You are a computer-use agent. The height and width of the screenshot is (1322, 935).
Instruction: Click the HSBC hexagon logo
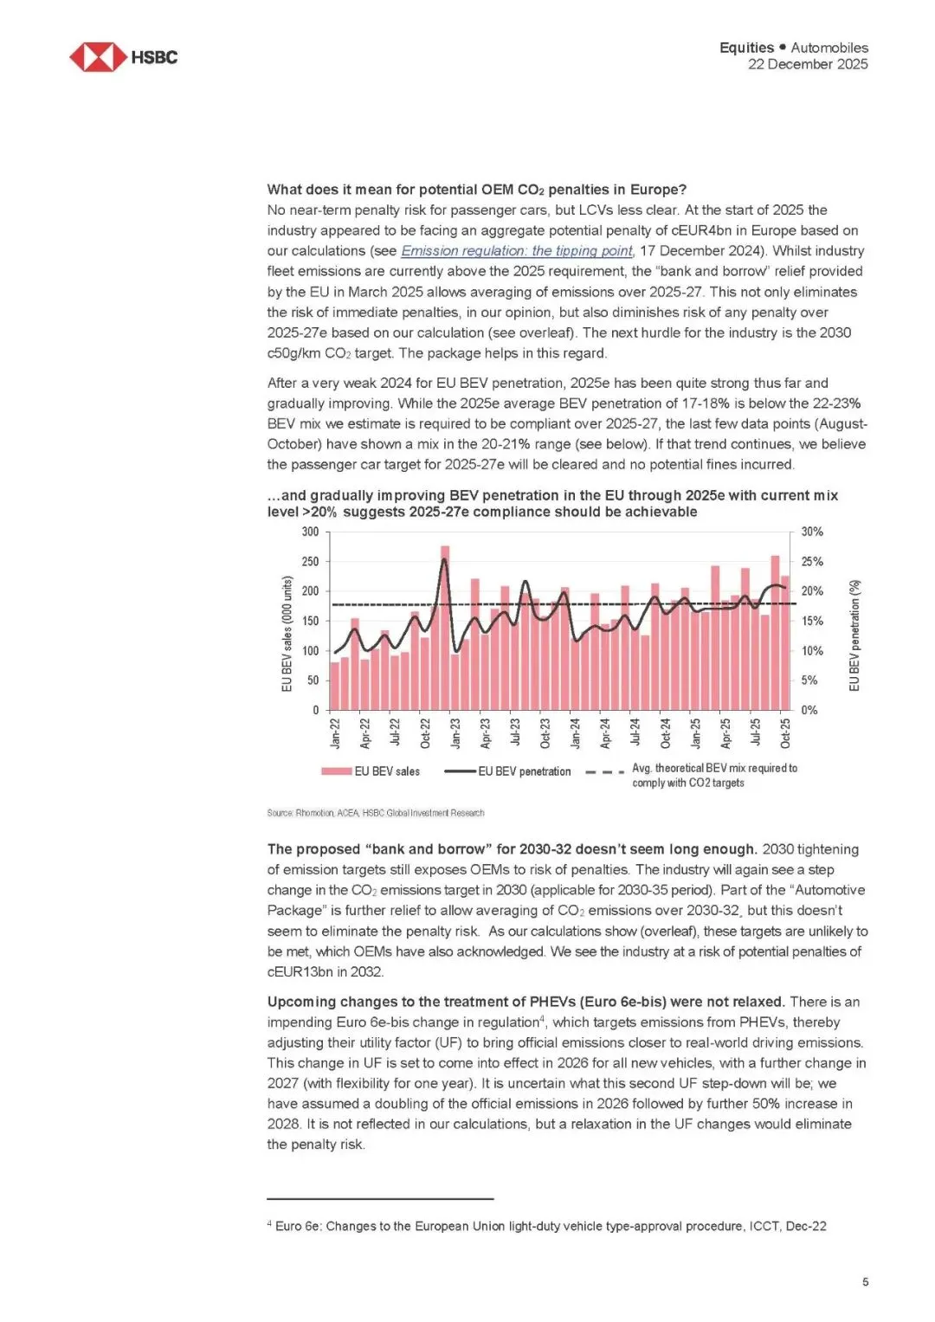(97, 57)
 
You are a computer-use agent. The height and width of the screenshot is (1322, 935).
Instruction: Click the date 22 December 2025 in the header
(807, 64)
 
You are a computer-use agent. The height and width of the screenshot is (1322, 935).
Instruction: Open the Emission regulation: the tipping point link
(516, 251)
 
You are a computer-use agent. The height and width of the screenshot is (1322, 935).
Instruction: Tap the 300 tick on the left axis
(310, 532)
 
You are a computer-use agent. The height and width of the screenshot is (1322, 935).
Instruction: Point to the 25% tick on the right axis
(812, 562)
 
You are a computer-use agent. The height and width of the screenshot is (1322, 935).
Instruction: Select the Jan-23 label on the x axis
(455, 732)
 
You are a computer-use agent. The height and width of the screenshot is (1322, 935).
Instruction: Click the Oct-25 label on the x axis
(785, 732)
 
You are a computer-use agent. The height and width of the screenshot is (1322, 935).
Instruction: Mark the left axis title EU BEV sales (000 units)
(287, 634)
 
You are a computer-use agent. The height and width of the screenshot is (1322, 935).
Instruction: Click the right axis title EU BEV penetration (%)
(854, 635)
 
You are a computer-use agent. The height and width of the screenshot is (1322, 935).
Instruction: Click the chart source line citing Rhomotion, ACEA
(376, 813)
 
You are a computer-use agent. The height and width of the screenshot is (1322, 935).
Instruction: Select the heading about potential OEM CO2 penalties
(476, 190)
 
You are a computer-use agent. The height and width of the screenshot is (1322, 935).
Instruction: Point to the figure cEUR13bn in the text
(300, 972)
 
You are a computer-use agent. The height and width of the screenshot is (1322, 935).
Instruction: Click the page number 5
(865, 1282)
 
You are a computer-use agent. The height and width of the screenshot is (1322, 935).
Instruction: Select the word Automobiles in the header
(829, 48)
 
